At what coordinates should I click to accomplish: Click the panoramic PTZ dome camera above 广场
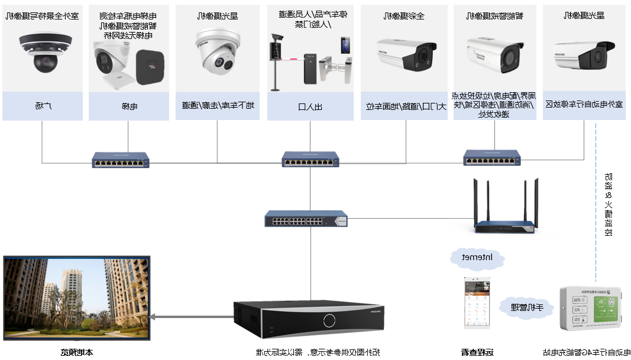click(44, 53)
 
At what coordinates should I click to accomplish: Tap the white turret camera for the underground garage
click(217, 54)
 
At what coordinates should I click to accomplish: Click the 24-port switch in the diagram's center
click(306, 220)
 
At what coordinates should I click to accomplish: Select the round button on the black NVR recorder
click(329, 320)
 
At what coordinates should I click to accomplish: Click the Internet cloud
click(477, 257)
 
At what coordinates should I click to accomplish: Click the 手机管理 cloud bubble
click(526, 307)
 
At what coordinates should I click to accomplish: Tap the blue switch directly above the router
click(492, 158)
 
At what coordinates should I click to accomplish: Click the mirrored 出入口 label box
click(309, 106)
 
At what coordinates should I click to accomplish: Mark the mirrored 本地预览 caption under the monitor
click(76, 353)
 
